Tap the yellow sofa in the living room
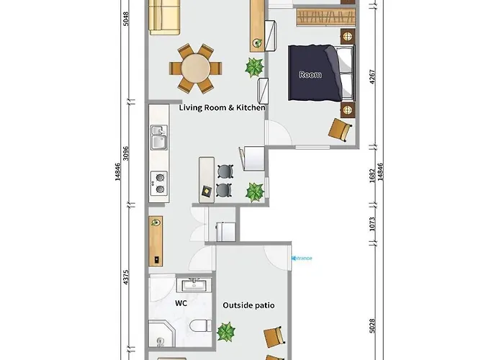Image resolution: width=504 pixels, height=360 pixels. pyautogui.click(x=164, y=17)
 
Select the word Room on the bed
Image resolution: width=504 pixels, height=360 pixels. pyautogui.click(x=310, y=75)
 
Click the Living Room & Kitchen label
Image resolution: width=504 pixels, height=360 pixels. pyautogui.click(x=222, y=107)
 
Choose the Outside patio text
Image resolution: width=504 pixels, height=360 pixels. pyautogui.click(x=248, y=305)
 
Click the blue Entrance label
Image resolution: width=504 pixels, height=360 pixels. pyautogui.click(x=302, y=257)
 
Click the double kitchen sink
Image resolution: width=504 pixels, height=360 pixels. pyautogui.click(x=158, y=137)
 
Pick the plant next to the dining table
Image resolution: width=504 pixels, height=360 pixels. pyautogui.click(x=254, y=68)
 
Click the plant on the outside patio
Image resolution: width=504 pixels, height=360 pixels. pyautogui.click(x=227, y=332)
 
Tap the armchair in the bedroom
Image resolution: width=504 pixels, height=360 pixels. pyautogui.click(x=340, y=130)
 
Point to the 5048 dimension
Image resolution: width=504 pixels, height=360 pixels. pyautogui.click(x=125, y=18)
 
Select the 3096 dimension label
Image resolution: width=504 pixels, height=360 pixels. pyautogui.click(x=125, y=153)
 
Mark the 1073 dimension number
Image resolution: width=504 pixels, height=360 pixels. pyautogui.click(x=372, y=225)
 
